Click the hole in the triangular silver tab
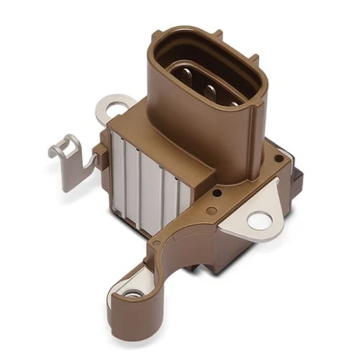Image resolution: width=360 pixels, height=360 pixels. click(259, 219)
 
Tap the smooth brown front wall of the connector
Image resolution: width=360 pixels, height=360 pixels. click(198, 144)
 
